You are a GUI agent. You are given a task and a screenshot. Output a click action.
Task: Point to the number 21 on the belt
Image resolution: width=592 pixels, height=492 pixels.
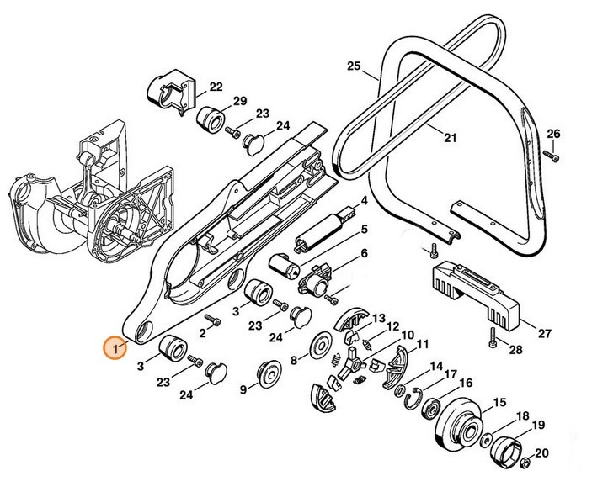tap(450, 137)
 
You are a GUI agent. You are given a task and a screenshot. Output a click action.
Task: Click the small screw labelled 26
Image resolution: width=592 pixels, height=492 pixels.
tap(552, 156)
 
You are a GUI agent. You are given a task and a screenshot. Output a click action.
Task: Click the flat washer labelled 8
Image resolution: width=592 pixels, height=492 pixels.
tap(319, 346)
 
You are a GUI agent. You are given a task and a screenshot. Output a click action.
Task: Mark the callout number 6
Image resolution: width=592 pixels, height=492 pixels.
tap(365, 253)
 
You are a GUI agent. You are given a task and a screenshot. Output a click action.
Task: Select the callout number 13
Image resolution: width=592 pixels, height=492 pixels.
tap(379, 312)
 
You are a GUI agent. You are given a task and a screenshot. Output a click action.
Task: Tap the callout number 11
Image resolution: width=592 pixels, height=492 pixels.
tap(422, 342)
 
